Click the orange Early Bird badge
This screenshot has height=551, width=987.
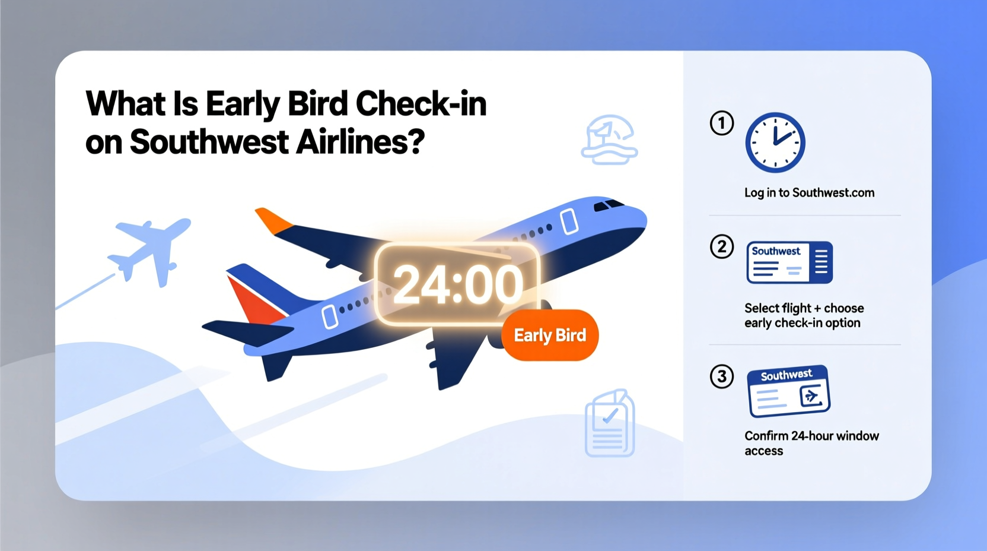pos(550,335)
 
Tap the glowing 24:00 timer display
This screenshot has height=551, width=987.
pos(457,284)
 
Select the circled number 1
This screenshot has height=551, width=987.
pos(722,123)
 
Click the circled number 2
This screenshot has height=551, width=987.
pos(722,246)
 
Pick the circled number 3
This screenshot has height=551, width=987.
pos(722,376)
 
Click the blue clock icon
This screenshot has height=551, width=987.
pos(775,142)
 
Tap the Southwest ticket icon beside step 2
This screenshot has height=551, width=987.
pos(789,262)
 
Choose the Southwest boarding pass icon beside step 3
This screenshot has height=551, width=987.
pos(788,391)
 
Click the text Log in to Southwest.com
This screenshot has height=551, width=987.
pos(809,193)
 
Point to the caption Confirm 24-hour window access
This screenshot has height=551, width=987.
pos(811,443)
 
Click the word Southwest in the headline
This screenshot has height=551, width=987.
pos(209,142)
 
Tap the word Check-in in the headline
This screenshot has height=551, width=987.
pos(421,104)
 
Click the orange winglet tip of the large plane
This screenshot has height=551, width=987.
pos(272,219)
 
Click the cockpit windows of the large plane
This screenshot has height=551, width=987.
pos(609,205)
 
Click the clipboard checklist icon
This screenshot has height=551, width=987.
pos(610,423)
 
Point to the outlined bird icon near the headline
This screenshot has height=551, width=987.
pos(609,140)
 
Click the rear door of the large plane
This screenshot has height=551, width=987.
pos(330,316)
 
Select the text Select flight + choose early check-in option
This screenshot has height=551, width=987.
pos(804,315)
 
